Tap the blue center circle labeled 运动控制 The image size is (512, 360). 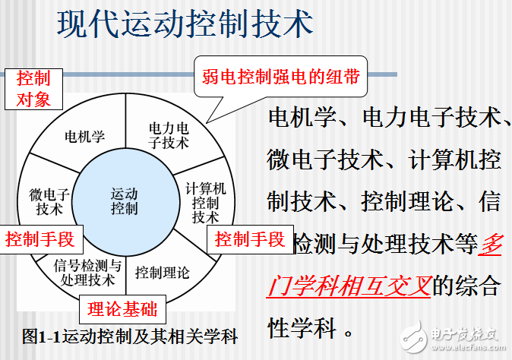click(125, 200)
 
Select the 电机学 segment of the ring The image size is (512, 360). click(84, 137)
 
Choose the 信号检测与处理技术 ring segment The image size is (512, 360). click(87, 272)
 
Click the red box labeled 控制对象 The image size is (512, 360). click(33, 88)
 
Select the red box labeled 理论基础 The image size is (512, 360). click(122, 308)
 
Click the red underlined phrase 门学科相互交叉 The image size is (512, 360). click(350, 286)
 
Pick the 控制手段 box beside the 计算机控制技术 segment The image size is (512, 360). click(249, 240)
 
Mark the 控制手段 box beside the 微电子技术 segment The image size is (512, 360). click(40, 240)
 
